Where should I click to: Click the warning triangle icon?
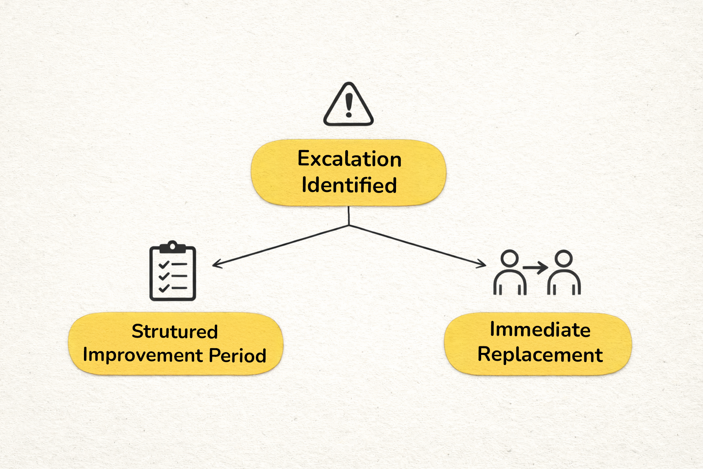(x=348, y=105)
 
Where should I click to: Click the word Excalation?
(x=350, y=159)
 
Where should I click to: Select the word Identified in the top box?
(x=349, y=185)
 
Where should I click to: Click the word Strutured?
(x=175, y=331)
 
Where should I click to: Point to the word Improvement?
(x=143, y=355)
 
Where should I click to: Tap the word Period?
(x=237, y=355)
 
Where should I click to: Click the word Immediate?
(x=540, y=329)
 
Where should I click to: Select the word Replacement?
(x=540, y=355)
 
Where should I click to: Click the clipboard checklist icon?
(x=173, y=272)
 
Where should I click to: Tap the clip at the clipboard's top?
(x=172, y=247)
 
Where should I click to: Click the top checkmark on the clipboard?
(x=164, y=265)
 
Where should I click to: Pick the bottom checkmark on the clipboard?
(x=164, y=288)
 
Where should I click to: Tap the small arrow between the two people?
(x=536, y=268)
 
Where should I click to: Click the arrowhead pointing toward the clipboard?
(x=216, y=265)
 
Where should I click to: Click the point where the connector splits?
(x=349, y=225)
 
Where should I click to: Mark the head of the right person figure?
(x=564, y=258)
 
